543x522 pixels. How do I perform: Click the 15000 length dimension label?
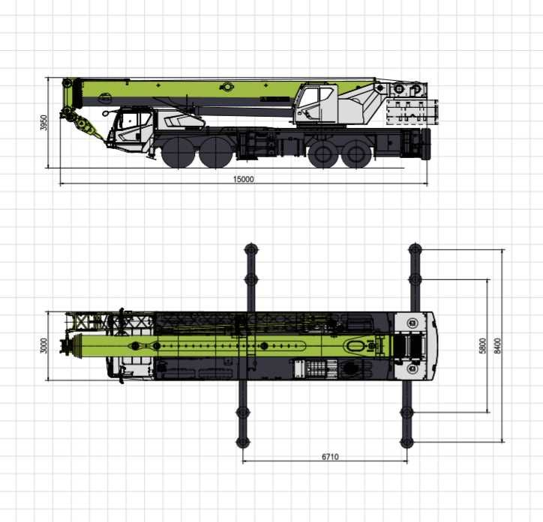244,179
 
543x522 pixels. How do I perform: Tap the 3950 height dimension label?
43,122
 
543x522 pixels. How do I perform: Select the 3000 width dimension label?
43,345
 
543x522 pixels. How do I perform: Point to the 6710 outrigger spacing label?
330,457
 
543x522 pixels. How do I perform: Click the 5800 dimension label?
483,346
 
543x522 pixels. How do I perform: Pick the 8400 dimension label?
497,346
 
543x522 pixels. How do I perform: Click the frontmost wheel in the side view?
178,152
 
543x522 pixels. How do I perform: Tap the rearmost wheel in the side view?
358,154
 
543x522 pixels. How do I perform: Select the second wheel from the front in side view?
215,152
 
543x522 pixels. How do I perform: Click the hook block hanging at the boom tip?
82,123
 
